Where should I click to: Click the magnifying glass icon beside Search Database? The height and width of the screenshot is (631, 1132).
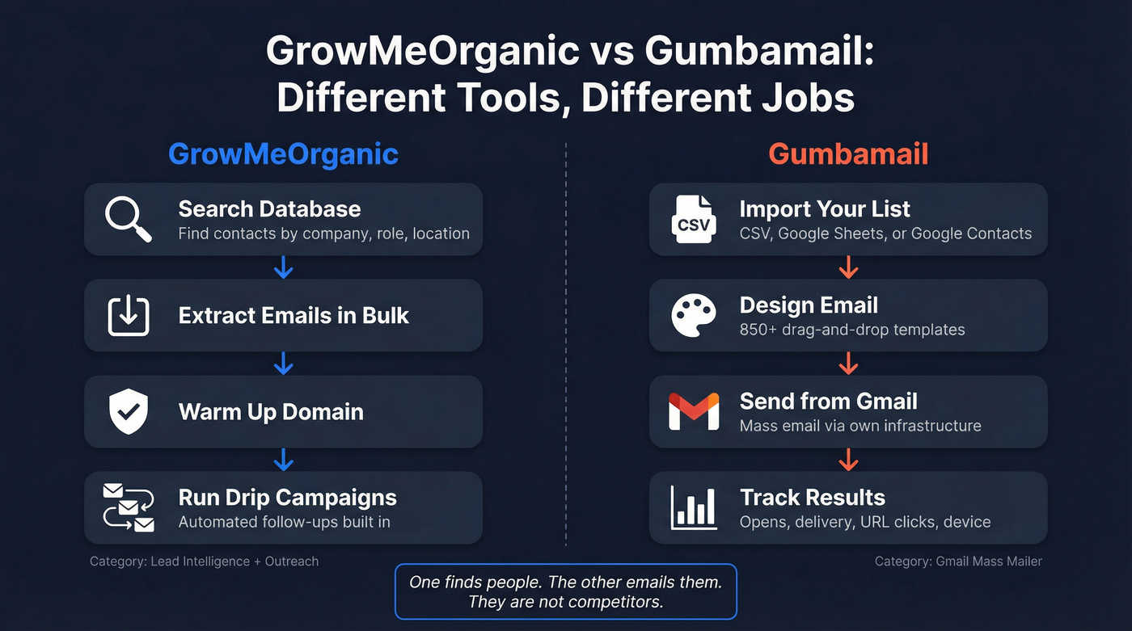click(x=129, y=220)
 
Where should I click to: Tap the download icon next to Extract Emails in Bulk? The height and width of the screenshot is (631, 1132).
click(x=129, y=316)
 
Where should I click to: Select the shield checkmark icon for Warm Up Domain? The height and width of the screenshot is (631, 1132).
click(x=129, y=411)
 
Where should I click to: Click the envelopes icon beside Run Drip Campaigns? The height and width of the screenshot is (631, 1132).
click(x=129, y=507)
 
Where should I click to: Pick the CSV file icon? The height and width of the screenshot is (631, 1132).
click(x=694, y=220)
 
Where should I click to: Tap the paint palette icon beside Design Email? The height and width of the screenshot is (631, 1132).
click(x=694, y=316)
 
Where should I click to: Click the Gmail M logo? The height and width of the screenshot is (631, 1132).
click(x=694, y=411)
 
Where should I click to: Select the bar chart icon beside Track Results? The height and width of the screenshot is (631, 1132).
click(x=694, y=507)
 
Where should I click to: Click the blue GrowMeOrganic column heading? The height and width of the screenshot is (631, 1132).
click(x=283, y=154)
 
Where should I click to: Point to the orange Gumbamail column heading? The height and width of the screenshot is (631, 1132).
click(x=848, y=154)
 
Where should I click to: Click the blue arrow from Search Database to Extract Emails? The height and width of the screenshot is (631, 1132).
click(x=283, y=267)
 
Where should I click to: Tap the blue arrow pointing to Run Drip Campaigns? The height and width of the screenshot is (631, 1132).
click(x=283, y=459)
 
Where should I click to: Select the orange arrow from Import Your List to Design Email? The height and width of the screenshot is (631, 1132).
click(x=848, y=267)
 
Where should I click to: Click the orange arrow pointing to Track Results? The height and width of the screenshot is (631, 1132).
click(x=848, y=459)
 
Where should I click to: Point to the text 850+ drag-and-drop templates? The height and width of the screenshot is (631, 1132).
click(x=852, y=330)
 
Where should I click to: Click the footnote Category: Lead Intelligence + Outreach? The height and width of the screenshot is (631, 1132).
click(x=204, y=561)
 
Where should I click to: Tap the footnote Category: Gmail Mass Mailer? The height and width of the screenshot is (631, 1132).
click(x=958, y=561)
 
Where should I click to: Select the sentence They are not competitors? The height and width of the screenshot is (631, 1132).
click(x=565, y=603)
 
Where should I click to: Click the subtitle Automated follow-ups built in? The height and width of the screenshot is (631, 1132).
click(x=284, y=522)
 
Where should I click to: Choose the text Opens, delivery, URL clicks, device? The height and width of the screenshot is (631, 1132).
click(x=864, y=522)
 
